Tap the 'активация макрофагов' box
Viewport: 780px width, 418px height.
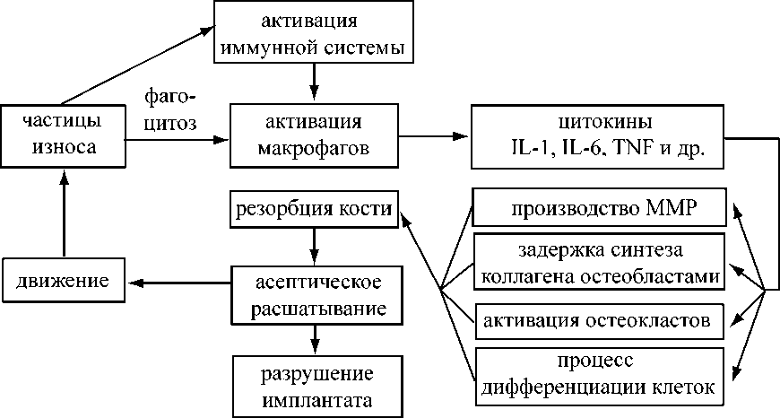[313, 135]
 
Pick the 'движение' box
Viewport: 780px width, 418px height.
[62, 282]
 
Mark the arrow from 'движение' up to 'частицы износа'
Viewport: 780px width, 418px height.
[63, 215]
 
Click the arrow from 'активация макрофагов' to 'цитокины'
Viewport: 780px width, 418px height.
[435, 137]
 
